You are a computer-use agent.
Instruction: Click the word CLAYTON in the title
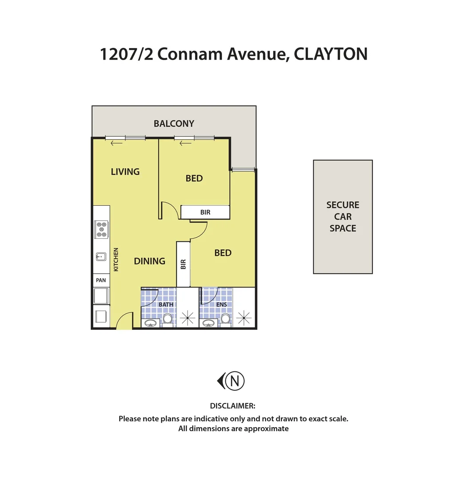click(x=331, y=54)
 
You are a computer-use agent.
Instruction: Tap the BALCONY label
click(x=174, y=124)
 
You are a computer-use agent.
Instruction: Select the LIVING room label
click(x=125, y=172)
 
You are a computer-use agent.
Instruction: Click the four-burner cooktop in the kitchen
click(x=102, y=229)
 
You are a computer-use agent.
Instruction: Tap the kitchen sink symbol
click(x=101, y=256)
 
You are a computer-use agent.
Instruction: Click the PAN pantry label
click(x=101, y=280)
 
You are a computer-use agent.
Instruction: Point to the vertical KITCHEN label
click(x=116, y=260)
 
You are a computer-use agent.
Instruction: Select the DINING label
click(x=149, y=261)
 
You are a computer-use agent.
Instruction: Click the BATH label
click(x=166, y=305)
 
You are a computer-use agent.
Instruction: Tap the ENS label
click(x=222, y=305)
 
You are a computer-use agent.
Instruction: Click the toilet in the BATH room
click(x=168, y=319)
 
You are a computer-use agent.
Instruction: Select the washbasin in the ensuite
click(x=208, y=323)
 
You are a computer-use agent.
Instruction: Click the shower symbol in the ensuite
click(x=244, y=317)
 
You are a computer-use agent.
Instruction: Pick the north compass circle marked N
click(x=235, y=381)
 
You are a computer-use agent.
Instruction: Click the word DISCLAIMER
click(x=232, y=406)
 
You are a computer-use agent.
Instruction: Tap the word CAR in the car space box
click(x=343, y=217)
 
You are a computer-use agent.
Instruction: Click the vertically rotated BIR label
click(x=183, y=264)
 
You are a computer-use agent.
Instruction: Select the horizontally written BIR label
click(x=205, y=212)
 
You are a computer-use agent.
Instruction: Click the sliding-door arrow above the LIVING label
click(x=116, y=143)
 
